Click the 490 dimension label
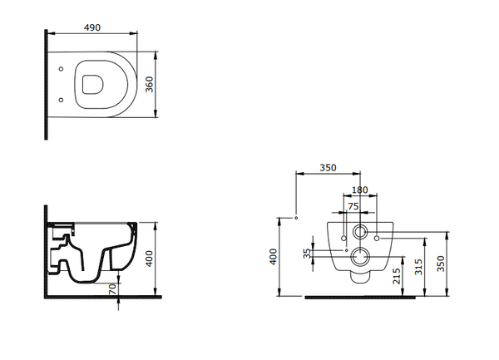[92, 27]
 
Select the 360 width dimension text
[149, 84]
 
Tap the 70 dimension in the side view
[112, 288]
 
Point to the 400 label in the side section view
[149, 259]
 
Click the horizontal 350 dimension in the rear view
[328, 168]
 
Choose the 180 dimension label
[360, 190]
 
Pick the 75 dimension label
[353, 206]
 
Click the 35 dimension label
[307, 254]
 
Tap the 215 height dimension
[397, 276]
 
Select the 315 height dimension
[419, 267]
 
